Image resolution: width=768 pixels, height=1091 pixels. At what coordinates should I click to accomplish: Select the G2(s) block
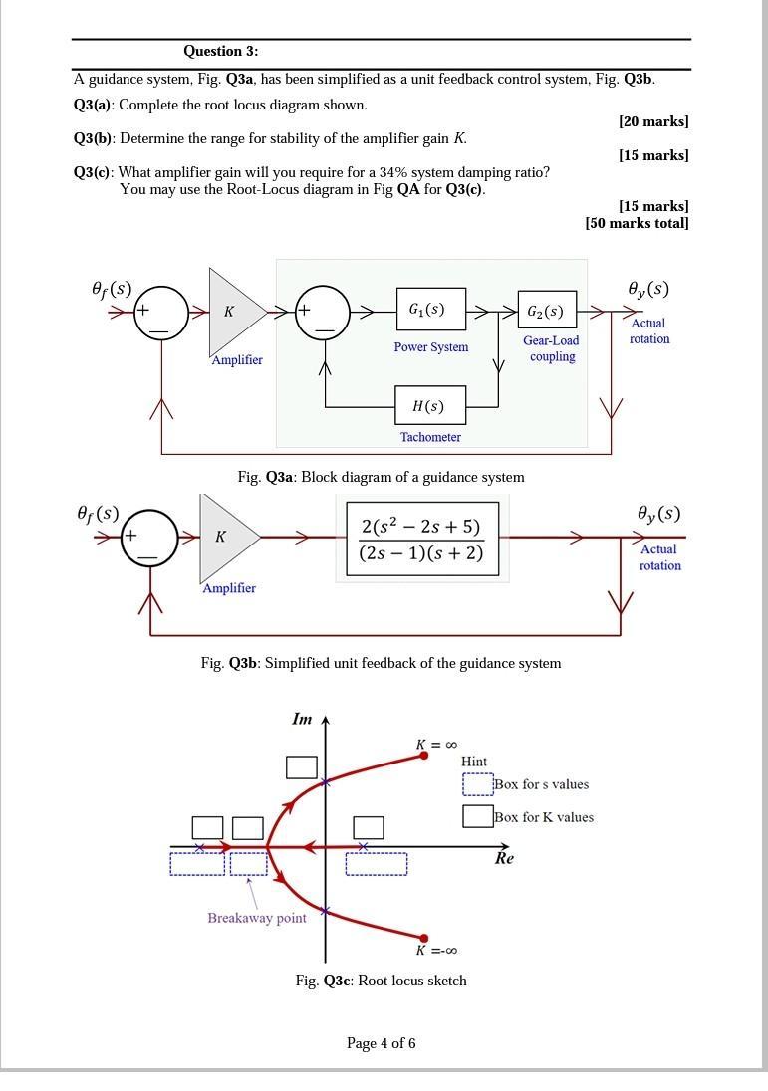pos(546,312)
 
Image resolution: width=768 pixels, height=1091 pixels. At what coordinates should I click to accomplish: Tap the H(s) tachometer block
pos(430,405)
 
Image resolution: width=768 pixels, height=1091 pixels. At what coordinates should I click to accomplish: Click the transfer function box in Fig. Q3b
pos(420,539)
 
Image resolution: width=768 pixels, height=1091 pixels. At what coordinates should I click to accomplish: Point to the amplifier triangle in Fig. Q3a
pos(233,312)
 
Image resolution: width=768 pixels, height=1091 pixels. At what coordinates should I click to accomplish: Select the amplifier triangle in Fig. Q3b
pos(225,538)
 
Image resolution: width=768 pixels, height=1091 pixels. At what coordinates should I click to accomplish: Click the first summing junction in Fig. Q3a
pos(160,312)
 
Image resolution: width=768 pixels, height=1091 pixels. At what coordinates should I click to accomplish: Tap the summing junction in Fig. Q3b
pos(149,538)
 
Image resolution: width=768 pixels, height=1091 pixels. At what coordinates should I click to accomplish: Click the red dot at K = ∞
pos(424,757)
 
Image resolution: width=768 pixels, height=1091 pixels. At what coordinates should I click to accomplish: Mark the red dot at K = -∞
pos(424,938)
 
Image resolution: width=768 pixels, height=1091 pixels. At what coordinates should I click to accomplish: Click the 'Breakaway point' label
pos(257,918)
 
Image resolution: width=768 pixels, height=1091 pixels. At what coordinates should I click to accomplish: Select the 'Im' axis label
pos(302,718)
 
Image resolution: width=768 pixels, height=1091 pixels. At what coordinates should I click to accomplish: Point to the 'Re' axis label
pos(504,858)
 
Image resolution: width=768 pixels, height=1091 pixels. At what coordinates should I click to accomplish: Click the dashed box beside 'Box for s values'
pos(477,784)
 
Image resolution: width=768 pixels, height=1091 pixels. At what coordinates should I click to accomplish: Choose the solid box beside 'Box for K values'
pos(477,816)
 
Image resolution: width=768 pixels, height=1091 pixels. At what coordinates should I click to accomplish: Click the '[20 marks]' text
pos(653,121)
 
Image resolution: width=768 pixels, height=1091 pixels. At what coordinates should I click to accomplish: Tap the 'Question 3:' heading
pos(220,51)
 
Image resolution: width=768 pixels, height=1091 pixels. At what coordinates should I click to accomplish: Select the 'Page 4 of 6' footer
pos(381,1043)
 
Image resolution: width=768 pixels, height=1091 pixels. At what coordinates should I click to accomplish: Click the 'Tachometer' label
pos(430,437)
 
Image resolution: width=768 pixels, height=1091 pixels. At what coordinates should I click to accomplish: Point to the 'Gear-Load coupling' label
pos(551,348)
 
